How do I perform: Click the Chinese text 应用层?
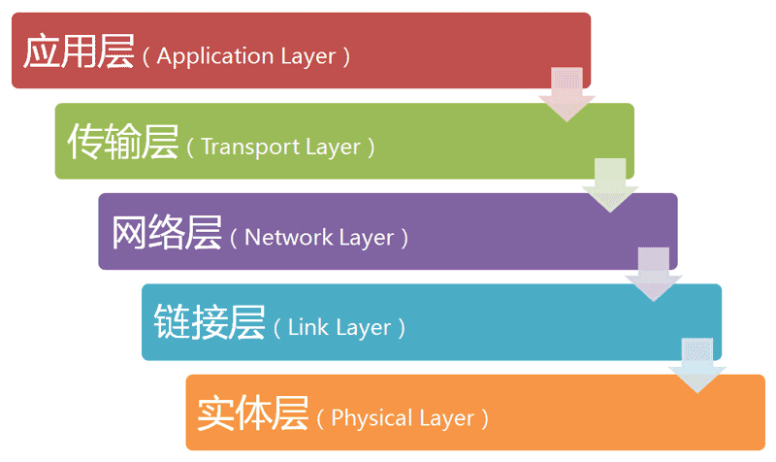[x=78, y=52]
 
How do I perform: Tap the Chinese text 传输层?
[x=122, y=144]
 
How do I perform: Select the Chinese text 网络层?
[x=166, y=234]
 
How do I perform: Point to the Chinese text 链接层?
[x=210, y=324]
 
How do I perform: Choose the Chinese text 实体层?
[x=253, y=414]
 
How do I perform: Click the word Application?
[x=209, y=56]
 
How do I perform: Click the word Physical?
[x=366, y=419]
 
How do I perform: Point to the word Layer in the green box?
[x=334, y=148]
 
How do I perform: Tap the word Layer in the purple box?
[x=368, y=238]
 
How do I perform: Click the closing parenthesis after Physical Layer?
[x=485, y=419]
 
